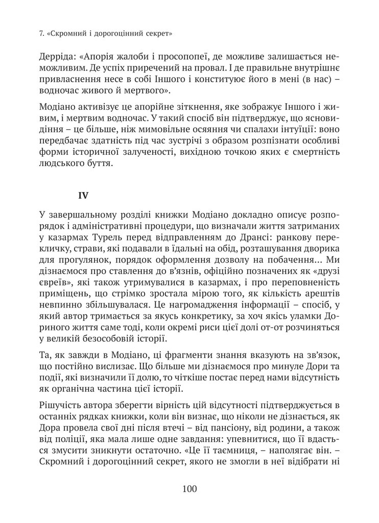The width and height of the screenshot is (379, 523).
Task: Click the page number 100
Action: click(189, 489)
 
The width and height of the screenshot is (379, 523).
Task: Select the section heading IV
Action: click(83, 195)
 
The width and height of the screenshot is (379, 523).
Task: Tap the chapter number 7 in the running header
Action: click(41, 35)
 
